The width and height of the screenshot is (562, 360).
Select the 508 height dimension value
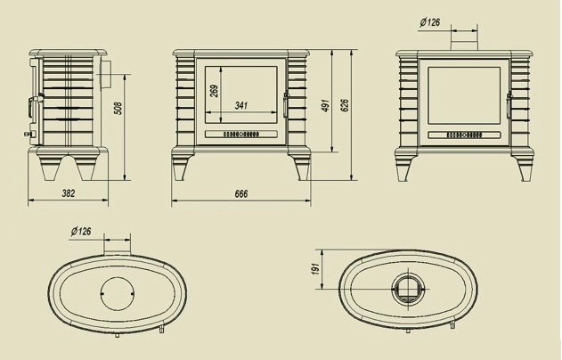(118, 109)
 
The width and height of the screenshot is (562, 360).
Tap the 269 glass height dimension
(214, 91)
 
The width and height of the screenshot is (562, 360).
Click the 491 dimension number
(328, 105)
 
